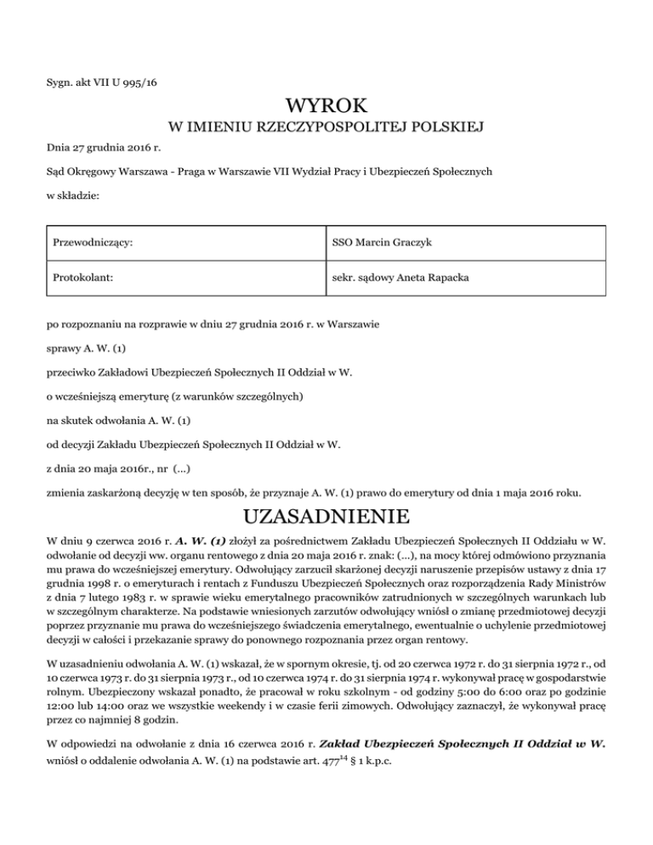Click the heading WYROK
tap(326, 106)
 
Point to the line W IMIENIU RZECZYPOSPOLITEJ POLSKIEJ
tap(326, 128)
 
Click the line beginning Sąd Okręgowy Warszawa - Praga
tap(268, 171)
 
